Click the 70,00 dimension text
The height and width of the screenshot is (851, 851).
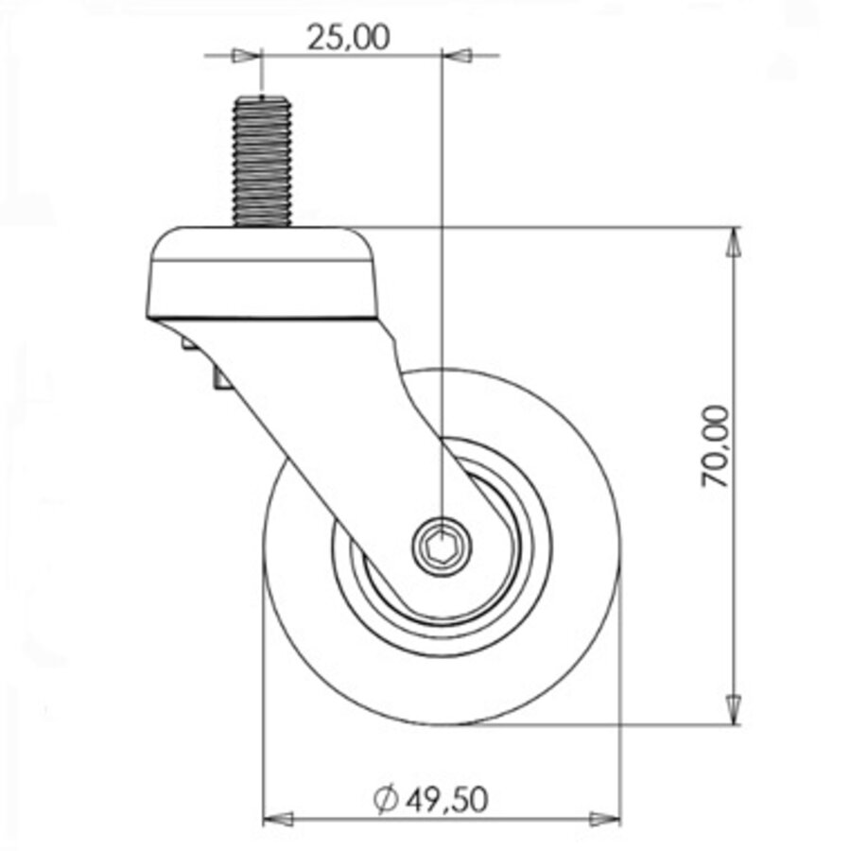coord(716,446)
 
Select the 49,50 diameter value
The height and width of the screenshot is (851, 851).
coord(447,800)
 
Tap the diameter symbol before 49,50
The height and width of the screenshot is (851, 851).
coord(385,801)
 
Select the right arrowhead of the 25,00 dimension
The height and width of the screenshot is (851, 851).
coord(458,56)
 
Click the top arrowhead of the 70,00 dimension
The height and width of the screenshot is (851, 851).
coord(733,243)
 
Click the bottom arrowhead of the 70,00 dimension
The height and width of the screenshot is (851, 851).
coord(733,708)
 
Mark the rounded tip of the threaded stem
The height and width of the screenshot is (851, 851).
coord(262,97)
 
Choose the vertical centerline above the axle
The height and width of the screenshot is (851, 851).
coord(441,284)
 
